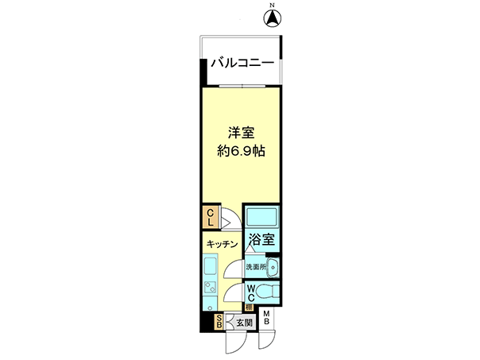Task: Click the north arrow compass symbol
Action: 273,17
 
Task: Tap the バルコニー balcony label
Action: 242,63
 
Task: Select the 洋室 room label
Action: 242,133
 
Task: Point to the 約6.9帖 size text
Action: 242,151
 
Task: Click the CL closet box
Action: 211,217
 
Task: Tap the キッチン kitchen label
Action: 222,244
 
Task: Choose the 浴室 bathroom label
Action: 261,239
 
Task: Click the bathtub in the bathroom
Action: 262,216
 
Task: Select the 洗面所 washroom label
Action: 256,267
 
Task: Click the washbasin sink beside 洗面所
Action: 273,267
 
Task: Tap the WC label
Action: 251,292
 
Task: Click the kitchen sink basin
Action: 211,266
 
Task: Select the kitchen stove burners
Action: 211,288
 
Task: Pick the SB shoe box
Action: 219,321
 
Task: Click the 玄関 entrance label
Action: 245,323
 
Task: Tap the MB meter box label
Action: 266,317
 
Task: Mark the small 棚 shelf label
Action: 249,307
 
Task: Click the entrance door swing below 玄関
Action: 236,343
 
